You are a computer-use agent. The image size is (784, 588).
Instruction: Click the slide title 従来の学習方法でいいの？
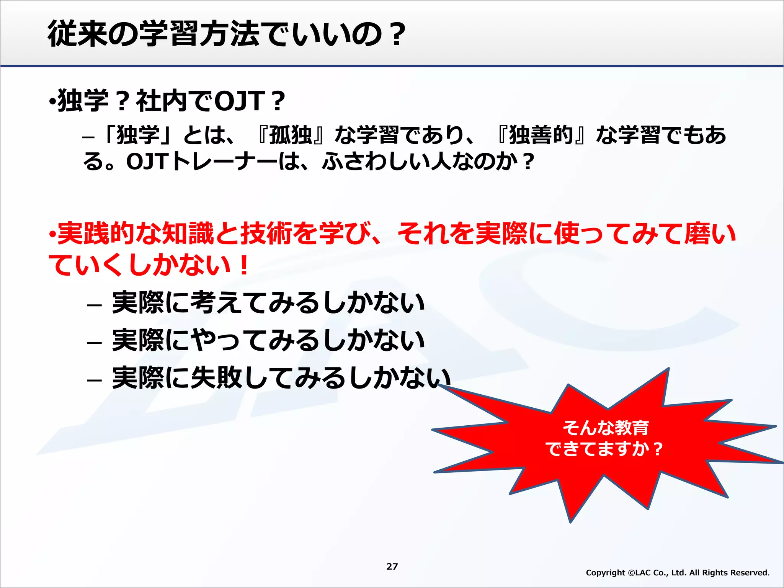[226, 34]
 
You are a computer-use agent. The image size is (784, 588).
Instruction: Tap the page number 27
[392, 566]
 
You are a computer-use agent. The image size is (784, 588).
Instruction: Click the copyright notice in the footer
[678, 573]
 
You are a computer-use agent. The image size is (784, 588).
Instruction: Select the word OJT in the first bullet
[240, 101]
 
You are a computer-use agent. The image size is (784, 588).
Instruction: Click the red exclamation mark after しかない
[243, 265]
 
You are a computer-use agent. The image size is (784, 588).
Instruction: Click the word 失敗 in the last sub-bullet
[216, 377]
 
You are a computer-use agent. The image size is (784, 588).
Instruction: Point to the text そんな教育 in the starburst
[606, 428]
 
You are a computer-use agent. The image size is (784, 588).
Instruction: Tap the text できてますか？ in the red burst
[604, 449]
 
